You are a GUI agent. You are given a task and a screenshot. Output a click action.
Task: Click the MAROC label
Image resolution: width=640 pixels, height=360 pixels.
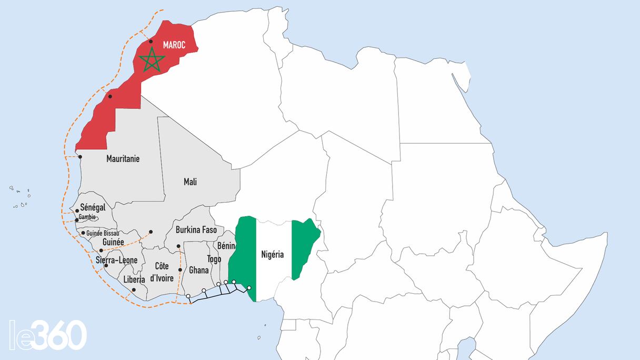(174, 45)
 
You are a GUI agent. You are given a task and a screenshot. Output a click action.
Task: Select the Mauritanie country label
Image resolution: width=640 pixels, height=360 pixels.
(123, 158)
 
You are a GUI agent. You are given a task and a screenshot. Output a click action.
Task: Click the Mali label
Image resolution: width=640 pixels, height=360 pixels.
(190, 182)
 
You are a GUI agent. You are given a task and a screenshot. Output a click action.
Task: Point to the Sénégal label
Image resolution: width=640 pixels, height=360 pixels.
(93, 208)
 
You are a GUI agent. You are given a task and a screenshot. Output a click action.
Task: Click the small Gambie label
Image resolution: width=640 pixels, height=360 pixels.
(87, 217)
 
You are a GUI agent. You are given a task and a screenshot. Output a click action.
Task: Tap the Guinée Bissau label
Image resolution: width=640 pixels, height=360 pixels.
(102, 233)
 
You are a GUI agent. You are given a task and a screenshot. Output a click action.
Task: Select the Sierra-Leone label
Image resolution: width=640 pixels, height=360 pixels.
(116, 260)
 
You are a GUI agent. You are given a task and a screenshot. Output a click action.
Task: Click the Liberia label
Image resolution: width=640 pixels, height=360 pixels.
(134, 279)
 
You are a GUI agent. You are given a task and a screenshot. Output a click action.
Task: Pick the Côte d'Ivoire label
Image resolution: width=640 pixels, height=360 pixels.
(162, 272)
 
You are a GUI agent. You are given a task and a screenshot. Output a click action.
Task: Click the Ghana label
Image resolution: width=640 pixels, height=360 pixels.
(199, 270)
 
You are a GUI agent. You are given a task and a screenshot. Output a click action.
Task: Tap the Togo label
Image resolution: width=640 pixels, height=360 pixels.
(214, 259)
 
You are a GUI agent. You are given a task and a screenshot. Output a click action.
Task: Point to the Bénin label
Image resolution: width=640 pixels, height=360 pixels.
(226, 246)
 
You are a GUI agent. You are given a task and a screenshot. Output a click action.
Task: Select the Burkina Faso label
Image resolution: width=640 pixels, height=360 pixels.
(196, 230)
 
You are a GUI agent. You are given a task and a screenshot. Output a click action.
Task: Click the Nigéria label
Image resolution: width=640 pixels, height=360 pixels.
(272, 255)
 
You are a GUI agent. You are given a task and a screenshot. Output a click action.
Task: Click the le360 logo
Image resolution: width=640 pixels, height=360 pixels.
(47, 335)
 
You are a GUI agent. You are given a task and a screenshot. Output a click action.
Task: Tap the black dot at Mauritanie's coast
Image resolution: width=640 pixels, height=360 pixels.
(80, 157)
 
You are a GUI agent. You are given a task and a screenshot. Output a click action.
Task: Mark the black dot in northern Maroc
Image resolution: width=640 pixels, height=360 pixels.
(151, 41)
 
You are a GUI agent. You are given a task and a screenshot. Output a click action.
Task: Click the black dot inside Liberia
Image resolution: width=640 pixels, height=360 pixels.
(134, 290)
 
